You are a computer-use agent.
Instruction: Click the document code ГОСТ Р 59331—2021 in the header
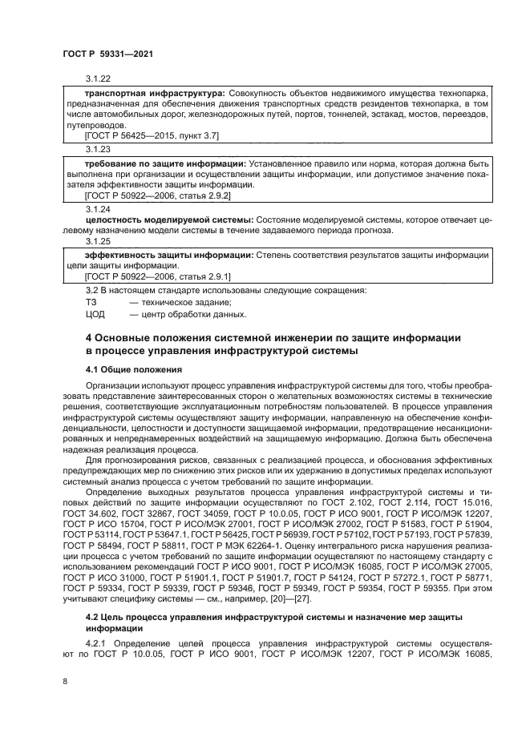click(x=107, y=53)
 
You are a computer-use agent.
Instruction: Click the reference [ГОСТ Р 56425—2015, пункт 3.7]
click(x=152, y=137)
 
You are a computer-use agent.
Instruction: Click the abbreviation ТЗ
click(x=91, y=302)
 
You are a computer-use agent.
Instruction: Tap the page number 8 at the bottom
click(x=64, y=682)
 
